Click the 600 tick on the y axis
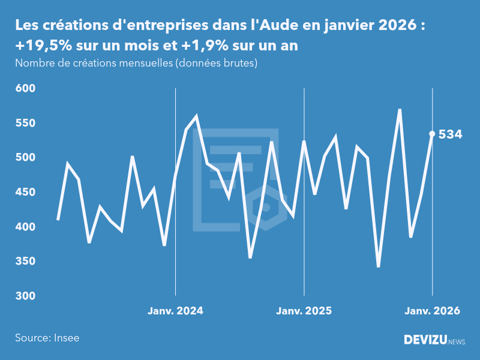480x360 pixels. (x=26, y=88)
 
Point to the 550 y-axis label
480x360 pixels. (x=26, y=123)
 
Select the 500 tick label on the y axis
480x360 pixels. (x=26, y=158)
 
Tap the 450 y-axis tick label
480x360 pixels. (x=26, y=193)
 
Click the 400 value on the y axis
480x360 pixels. (x=26, y=227)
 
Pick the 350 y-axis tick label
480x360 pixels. (x=26, y=262)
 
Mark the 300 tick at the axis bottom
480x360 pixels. (x=26, y=296)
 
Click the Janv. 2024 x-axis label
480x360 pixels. (x=175, y=311)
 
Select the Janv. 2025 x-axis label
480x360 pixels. (x=304, y=311)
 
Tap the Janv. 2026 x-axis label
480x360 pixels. (x=432, y=311)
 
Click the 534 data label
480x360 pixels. (x=450, y=134)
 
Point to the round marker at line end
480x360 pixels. (x=432, y=134)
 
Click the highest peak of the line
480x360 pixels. (x=400, y=110)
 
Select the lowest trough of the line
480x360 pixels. (x=378, y=266)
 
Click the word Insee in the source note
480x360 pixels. (x=65, y=338)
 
